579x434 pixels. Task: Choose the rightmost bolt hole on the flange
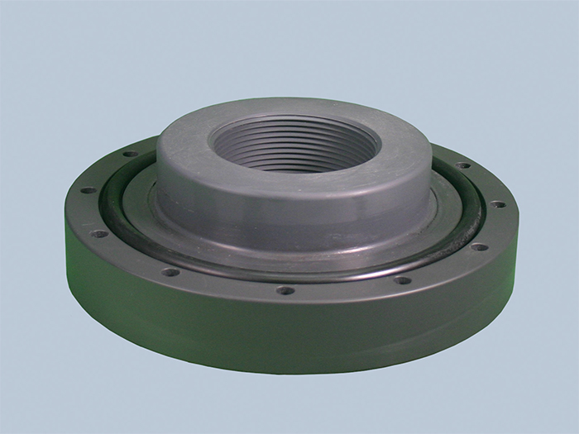pos(498,204)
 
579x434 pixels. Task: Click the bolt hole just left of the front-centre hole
pos(169,271)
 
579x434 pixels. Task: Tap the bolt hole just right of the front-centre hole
pos(402,279)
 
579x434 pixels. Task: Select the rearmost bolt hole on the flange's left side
pos(130,155)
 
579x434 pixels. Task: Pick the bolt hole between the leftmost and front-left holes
pos(101,234)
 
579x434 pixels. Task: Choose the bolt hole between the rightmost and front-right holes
pos(479,246)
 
